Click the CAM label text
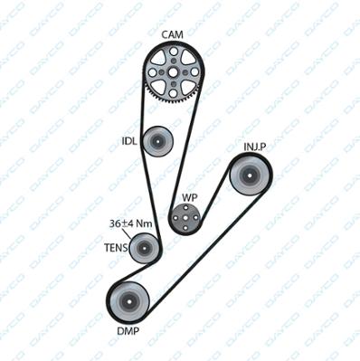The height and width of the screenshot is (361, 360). [172, 34]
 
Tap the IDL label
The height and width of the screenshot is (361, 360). [129, 141]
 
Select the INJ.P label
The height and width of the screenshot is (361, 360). [255, 147]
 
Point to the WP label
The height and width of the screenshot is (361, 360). [190, 198]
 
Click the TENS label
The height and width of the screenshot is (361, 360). [116, 248]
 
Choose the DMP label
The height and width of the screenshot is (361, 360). [128, 331]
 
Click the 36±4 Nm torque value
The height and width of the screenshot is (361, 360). [130, 223]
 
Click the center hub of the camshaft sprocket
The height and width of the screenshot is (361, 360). [173, 72]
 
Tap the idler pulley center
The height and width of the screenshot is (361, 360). [157, 141]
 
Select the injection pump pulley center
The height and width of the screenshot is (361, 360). [251, 175]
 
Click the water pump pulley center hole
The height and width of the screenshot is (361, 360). [185, 218]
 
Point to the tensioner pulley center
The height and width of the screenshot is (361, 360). [144, 249]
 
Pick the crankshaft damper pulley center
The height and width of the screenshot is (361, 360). [129, 301]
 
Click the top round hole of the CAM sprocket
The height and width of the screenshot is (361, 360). [173, 52]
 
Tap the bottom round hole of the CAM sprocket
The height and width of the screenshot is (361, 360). [173, 93]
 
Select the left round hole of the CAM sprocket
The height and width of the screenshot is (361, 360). [153, 72]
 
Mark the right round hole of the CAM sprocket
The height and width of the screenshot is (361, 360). [194, 72]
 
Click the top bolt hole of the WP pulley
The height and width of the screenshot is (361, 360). [185, 207]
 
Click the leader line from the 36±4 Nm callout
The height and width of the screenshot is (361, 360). [127, 233]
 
